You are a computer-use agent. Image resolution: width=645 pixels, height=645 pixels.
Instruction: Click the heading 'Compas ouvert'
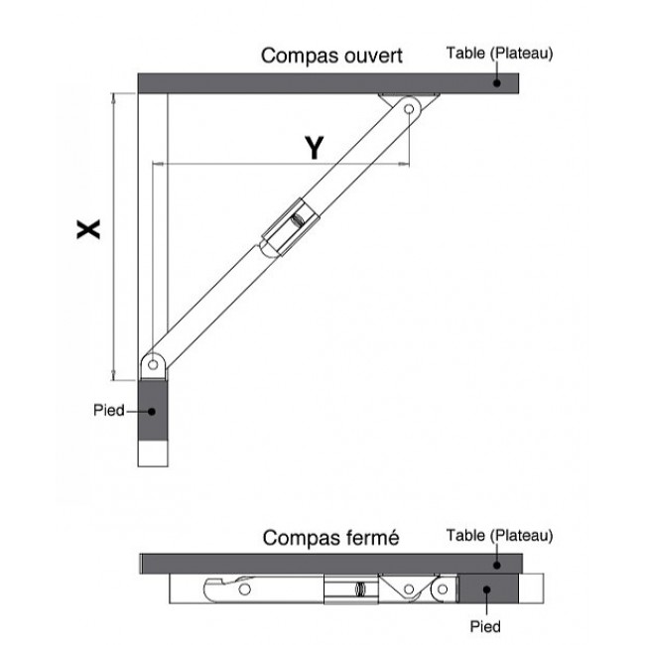[x=331, y=56]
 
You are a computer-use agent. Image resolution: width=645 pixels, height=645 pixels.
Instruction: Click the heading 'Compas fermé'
[x=330, y=538]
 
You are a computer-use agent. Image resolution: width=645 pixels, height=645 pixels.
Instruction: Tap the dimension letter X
[x=88, y=229]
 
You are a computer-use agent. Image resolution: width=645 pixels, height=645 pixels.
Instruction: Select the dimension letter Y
[x=315, y=148]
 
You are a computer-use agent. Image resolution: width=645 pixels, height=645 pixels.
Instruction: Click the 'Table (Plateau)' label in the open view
[x=499, y=53]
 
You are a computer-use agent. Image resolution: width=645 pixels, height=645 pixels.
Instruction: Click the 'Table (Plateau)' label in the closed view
[x=499, y=536]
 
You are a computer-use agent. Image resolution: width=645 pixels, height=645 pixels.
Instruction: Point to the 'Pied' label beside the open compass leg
[x=108, y=410]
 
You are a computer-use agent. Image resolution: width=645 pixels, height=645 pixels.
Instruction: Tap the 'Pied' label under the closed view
[x=485, y=626]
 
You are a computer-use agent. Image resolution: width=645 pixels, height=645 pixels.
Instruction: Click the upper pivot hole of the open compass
[x=409, y=109]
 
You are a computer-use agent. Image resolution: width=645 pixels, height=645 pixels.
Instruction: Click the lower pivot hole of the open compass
[x=153, y=364]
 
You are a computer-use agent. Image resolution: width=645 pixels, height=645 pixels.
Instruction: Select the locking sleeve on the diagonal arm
[x=291, y=227]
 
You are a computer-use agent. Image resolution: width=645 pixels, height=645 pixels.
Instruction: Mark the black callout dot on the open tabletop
[x=497, y=83]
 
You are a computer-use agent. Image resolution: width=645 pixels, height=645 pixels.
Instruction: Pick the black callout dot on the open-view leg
[x=152, y=412]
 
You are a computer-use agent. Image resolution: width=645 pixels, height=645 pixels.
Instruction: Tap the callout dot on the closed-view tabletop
[x=497, y=566]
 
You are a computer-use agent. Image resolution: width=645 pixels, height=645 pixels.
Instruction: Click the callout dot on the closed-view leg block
[x=486, y=589]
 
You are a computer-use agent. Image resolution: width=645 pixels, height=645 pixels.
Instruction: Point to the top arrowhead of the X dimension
[x=113, y=97]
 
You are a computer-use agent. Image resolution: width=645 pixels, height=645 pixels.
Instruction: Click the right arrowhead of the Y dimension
[x=405, y=164]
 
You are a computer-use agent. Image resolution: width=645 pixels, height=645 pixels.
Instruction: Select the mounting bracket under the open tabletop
[x=409, y=97]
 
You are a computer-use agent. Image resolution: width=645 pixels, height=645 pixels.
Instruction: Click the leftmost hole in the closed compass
[x=245, y=589]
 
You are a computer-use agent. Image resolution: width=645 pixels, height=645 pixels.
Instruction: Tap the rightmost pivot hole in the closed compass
[x=443, y=589]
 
